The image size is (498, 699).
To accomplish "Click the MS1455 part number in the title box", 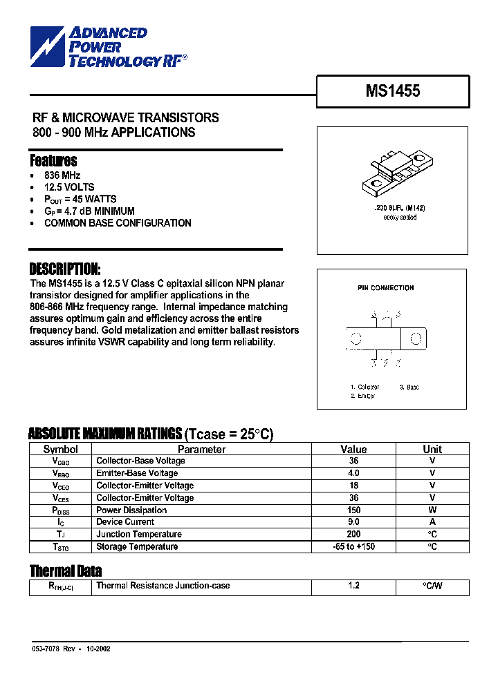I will (392, 91).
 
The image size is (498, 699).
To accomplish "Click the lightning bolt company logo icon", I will (46, 47).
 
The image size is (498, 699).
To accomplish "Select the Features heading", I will (53, 161).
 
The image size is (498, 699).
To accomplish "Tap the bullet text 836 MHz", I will (62, 175).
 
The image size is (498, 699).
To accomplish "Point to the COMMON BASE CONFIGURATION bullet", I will (118, 223).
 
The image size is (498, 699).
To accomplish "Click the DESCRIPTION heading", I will (65, 269).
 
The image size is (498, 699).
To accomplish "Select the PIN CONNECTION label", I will (385, 288).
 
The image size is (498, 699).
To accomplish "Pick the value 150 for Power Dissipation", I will (353, 510).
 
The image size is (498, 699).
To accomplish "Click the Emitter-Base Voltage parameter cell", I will (137, 473).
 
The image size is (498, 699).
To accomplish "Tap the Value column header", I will (353, 449).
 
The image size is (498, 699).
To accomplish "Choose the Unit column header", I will (432, 449).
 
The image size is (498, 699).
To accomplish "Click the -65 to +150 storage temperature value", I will (353, 547).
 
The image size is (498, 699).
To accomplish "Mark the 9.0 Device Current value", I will (353, 522).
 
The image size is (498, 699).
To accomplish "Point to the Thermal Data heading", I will (66, 571).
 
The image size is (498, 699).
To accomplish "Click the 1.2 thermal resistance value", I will (353, 586).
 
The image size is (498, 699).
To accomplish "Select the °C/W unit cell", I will (432, 586).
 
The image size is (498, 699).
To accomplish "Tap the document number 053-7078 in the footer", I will (46, 649).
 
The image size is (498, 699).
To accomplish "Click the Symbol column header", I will (61, 449).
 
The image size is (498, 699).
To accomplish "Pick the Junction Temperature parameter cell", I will (139, 535).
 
